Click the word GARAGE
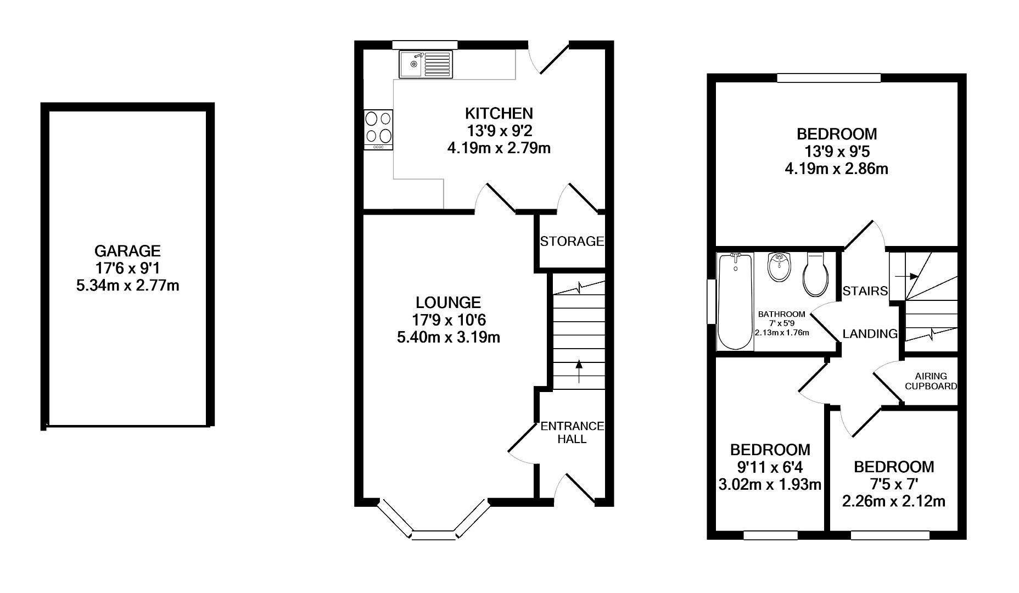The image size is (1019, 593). click(x=127, y=251)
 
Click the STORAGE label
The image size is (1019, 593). click(x=572, y=241)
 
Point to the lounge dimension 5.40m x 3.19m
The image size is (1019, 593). click(x=448, y=337)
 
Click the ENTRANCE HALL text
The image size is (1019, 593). click(x=572, y=433)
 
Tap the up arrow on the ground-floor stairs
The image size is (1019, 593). click(x=578, y=372)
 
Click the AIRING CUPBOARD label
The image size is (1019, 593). click(x=931, y=381)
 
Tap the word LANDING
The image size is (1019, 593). click(x=870, y=333)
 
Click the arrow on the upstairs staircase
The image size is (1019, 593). click(x=906, y=276)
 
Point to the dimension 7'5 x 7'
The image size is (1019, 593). click(x=893, y=484)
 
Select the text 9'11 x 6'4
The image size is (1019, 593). click(x=770, y=467)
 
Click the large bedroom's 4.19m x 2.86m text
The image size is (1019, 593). click(x=836, y=169)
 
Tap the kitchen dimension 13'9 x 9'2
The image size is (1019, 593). click(x=499, y=131)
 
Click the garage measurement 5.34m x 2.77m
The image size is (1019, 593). click(x=127, y=286)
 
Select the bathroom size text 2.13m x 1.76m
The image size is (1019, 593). click(x=781, y=332)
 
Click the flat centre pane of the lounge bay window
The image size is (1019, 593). click(x=433, y=535)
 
